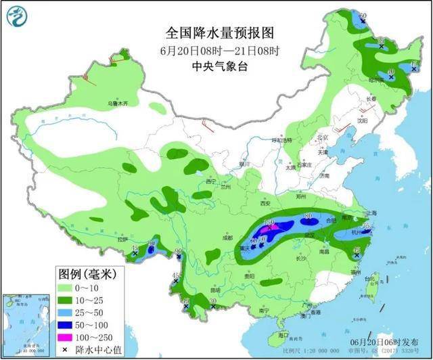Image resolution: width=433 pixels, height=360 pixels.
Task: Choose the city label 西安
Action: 263,203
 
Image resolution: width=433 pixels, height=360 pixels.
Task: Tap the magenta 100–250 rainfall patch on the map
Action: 271,228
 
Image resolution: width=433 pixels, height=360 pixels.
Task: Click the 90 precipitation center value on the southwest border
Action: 178,253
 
